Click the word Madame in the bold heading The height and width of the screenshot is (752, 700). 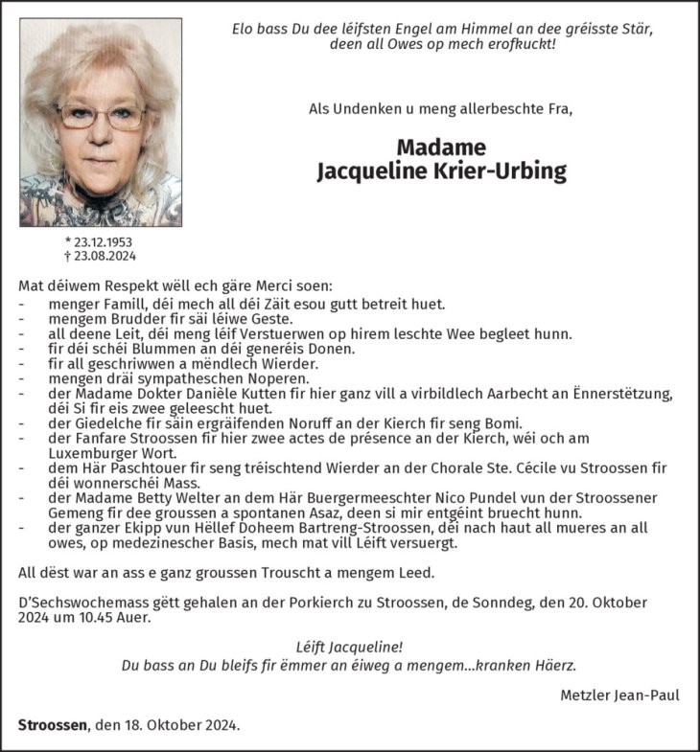(x=441, y=148)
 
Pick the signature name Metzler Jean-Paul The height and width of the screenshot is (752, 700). (x=619, y=695)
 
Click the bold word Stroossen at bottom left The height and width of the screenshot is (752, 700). (x=53, y=724)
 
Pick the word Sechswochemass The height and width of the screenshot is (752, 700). (x=91, y=603)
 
